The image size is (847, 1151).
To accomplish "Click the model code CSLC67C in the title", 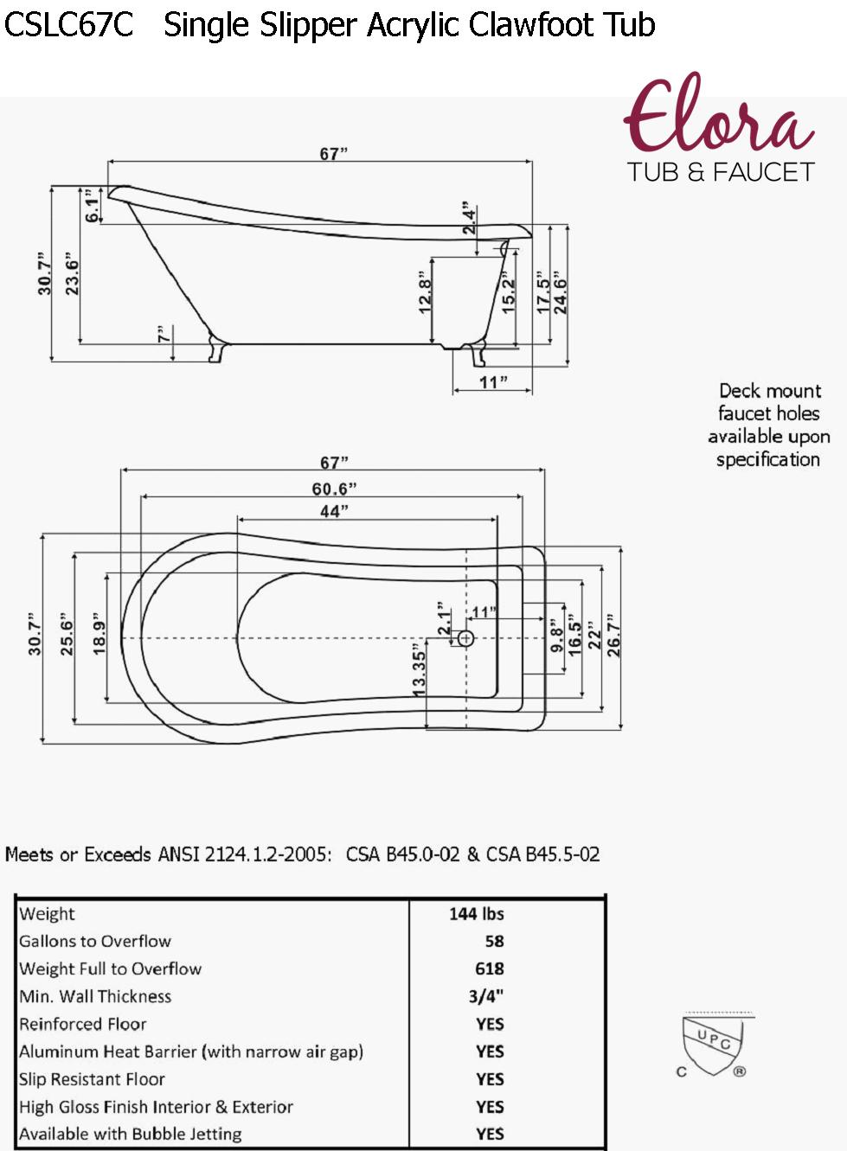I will [x=68, y=25].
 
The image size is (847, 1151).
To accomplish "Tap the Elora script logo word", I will [x=717, y=118].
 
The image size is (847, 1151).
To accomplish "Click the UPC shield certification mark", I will [x=712, y=1045].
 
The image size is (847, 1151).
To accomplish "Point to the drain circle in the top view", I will [x=465, y=638].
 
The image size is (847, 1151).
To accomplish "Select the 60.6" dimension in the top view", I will [x=334, y=489].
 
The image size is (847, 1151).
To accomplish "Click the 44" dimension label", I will [x=334, y=511].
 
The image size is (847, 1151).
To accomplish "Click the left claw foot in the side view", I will [x=217, y=348].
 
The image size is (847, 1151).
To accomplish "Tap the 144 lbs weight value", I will [x=476, y=914].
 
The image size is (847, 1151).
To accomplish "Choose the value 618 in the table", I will [x=489, y=969].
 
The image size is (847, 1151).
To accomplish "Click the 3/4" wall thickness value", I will [x=485, y=996].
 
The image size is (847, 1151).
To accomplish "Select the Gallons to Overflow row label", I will [x=95, y=941].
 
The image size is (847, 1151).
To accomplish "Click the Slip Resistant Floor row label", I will [x=92, y=1079].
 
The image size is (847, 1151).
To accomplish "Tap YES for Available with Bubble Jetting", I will [x=490, y=1134].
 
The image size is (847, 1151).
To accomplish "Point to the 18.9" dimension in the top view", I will [x=99, y=636].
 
